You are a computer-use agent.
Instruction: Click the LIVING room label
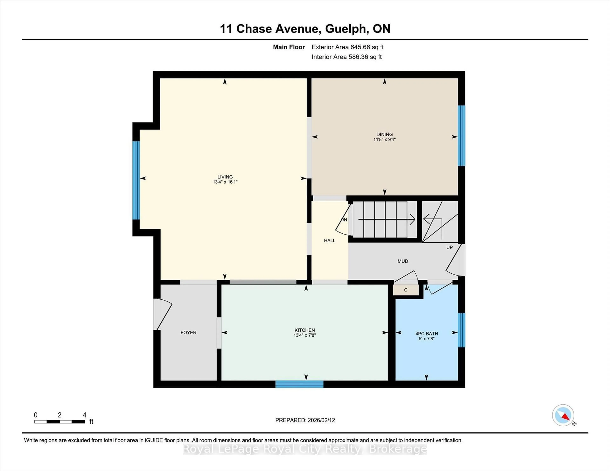[225, 177]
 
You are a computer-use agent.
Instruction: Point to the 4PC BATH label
[427, 333]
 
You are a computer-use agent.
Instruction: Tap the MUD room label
[403, 261]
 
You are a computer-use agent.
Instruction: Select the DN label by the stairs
[344, 220]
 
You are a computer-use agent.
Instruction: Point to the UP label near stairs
[449, 247]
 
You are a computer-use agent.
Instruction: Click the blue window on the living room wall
[136, 180]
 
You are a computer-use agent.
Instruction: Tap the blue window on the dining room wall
[461, 136]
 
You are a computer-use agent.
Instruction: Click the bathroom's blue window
[461, 330]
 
